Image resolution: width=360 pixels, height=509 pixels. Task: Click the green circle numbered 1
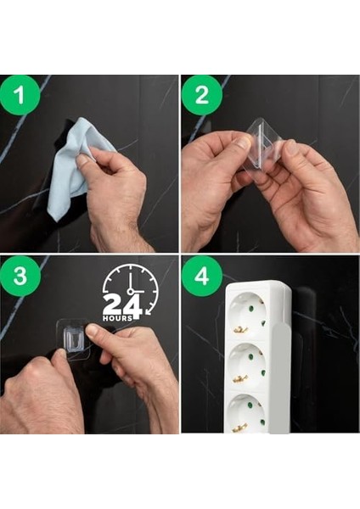(x=20, y=95)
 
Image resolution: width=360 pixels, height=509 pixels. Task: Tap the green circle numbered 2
(x=202, y=95)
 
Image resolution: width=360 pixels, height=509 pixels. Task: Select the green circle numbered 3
(x=20, y=276)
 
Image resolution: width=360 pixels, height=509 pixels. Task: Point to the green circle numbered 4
(x=202, y=276)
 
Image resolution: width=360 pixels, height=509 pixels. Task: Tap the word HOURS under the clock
(x=118, y=318)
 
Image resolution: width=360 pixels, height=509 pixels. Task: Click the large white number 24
(x=123, y=305)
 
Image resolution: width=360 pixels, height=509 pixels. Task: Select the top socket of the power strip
(x=249, y=311)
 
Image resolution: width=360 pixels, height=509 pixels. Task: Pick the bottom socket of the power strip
(x=248, y=413)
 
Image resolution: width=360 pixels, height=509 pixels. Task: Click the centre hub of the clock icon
(x=131, y=290)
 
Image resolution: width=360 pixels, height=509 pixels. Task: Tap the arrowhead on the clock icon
(x=149, y=312)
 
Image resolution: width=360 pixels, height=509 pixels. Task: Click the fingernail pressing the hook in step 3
(x=93, y=331)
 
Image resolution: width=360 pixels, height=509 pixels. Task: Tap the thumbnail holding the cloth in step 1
(x=83, y=159)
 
